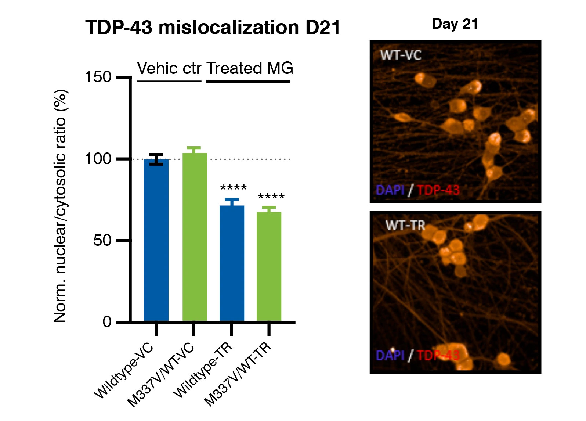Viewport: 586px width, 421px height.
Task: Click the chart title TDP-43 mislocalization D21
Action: pos(213,28)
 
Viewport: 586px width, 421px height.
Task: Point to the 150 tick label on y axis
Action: pos(98,78)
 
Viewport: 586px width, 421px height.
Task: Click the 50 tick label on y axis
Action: pos(102,241)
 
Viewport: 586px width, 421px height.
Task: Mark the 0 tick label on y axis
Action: pos(107,322)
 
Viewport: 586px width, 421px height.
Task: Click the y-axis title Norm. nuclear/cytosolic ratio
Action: pos(60,206)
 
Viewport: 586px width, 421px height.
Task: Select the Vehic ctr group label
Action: pos(169,69)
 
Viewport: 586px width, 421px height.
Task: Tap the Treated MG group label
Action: pos(250,69)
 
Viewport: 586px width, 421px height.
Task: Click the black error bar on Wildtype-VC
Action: pos(156,159)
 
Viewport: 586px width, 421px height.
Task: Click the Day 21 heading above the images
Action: pos(455,24)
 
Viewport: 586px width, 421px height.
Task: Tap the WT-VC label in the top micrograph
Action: pos(401,55)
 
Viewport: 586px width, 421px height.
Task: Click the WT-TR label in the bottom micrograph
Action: pos(405,225)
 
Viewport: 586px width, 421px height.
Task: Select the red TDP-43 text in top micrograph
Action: pos(438,190)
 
